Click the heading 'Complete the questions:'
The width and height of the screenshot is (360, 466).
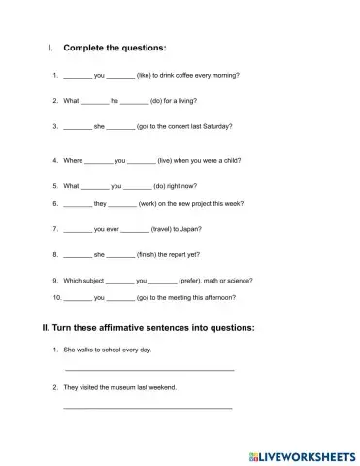(115, 47)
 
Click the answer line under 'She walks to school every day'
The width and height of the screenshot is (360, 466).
(148, 369)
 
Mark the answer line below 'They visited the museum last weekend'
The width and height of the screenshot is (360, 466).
(147, 408)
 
